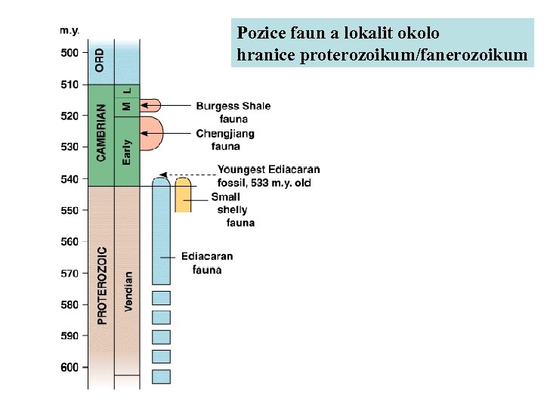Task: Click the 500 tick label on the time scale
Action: click(x=69, y=53)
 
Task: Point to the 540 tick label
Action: click(x=69, y=179)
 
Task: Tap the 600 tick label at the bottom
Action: click(x=69, y=368)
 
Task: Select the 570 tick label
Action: click(x=69, y=274)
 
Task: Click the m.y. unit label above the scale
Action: click(x=70, y=30)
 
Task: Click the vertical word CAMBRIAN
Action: click(x=101, y=132)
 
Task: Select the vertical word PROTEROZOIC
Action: click(x=102, y=285)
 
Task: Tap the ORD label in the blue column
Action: click(x=100, y=60)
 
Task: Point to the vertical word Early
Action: click(x=127, y=151)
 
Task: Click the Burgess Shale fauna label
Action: click(x=233, y=112)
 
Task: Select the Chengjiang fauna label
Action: click(x=225, y=140)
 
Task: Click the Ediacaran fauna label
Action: click(x=207, y=263)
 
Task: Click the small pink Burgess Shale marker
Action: click(x=151, y=105)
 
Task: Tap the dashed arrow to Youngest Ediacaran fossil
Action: click(x=189, y=174)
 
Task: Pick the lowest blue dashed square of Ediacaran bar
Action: click(x=161, y=376)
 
